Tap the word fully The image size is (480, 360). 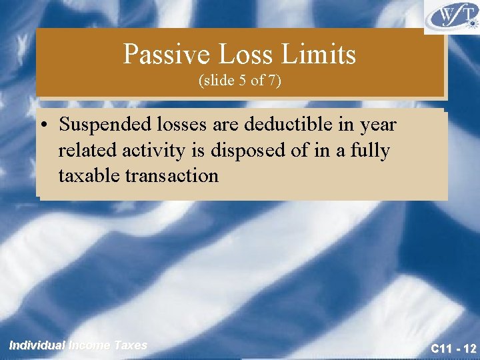(370, 151)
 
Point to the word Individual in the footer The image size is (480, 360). (37, 345)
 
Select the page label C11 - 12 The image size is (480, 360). (453, 348)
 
